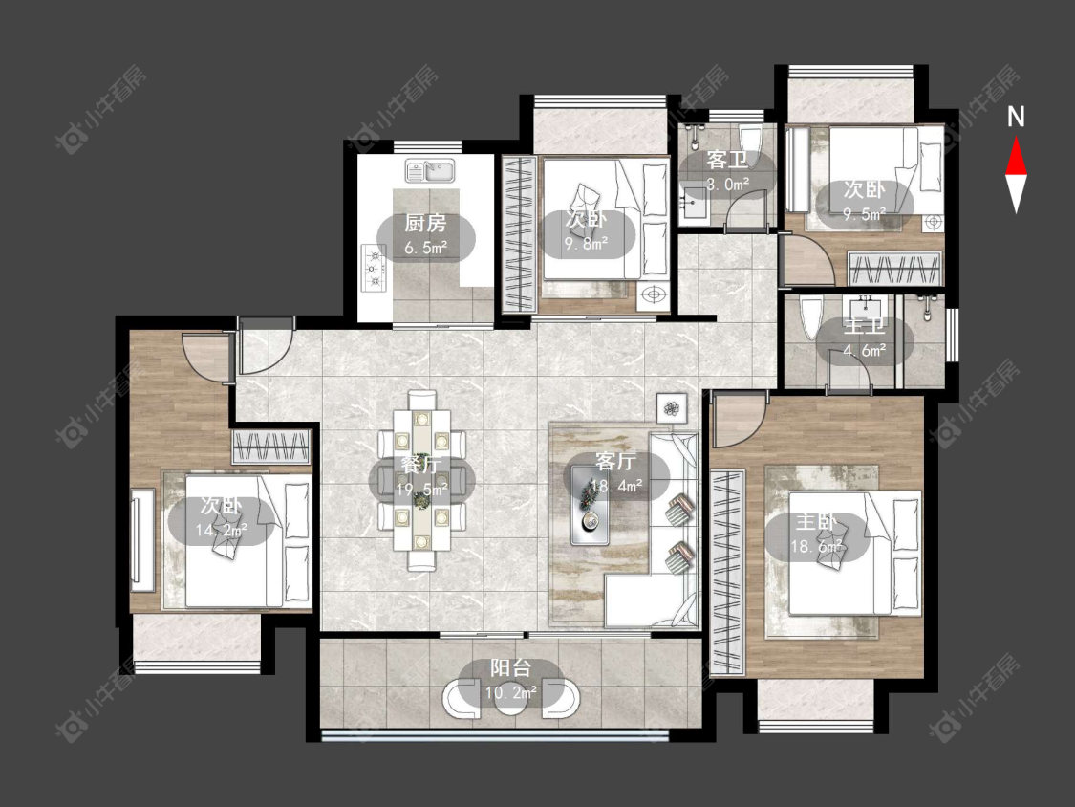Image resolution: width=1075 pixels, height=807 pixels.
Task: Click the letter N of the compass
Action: (x=1016, y=118)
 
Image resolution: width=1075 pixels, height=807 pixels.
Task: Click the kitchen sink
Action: (x=431, y=170)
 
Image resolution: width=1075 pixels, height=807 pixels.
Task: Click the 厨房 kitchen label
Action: (x=425, y=223)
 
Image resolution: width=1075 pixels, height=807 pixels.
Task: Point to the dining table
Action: (x=421, y=480)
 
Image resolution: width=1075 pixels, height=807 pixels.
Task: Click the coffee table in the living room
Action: (x=591, y=505)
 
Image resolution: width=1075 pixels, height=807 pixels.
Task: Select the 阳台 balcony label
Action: (x=511, y=667)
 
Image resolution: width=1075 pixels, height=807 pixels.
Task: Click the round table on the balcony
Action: (x=511, y=699)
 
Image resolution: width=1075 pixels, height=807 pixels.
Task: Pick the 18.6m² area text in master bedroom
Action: (x=817, y=547)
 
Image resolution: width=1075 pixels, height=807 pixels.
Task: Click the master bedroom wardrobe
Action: (x=727, y=573)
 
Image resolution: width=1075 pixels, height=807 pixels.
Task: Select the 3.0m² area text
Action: (x=727, y=184)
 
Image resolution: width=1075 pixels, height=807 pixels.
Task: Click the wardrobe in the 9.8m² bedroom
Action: (x=519, y=234)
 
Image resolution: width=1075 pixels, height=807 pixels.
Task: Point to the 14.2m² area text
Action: (x=222, y=530)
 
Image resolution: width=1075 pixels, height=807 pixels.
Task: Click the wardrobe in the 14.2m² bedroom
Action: (x=270, y=447)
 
